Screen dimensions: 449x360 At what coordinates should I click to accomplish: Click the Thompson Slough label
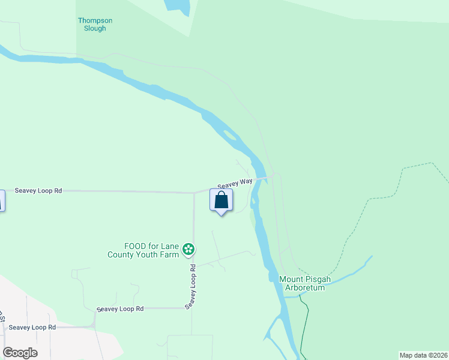point(95,25)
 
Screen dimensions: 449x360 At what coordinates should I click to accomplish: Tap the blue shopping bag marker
point(221,200)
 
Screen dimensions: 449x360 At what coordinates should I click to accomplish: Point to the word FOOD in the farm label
point(135,246)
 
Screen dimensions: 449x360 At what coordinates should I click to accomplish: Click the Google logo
point(20,353)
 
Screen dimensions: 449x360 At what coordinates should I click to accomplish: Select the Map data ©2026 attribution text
point(423,355)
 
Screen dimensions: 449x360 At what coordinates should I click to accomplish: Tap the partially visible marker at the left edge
point(1,200)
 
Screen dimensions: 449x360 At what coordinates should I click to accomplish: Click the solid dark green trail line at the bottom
point(304,336)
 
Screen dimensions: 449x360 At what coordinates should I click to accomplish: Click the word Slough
point(95,28)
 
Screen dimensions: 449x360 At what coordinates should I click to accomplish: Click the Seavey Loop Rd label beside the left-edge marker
point(38,191)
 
